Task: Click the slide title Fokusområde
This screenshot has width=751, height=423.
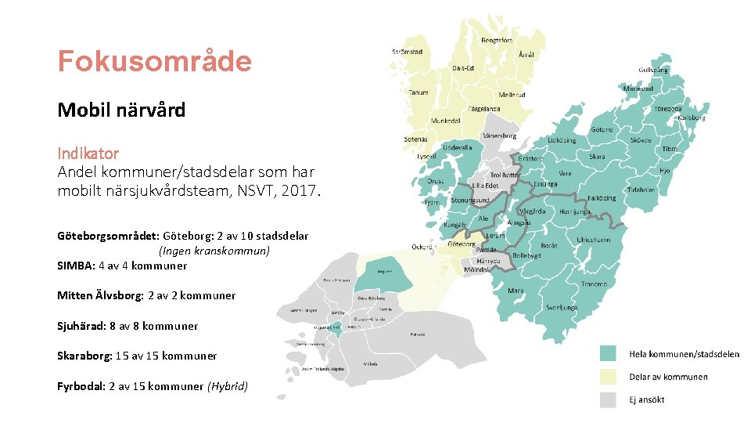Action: (154, 61)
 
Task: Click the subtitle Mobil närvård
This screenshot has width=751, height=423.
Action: (121, 110)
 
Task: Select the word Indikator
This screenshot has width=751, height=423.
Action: (88, 153)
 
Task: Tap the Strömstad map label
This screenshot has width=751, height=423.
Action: (407, 52)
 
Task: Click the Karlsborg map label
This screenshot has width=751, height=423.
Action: (691, 118)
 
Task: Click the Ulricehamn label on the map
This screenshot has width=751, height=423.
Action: (594, 240)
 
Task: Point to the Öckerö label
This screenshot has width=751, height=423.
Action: (422, 247)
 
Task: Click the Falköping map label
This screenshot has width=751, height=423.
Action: (601, 198)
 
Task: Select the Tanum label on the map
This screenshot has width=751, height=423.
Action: (419, 92)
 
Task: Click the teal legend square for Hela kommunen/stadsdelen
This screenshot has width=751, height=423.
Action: (608, 354)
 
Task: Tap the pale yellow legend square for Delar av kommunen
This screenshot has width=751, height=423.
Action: (608, 377)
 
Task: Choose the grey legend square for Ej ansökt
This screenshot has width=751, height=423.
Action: (608, 399)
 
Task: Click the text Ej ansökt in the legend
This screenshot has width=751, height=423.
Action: (647, 399)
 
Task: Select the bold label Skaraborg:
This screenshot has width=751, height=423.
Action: (84, 356)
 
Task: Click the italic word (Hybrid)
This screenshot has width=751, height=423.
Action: (228, 386)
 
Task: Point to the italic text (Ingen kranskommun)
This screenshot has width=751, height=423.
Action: (214, 251)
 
